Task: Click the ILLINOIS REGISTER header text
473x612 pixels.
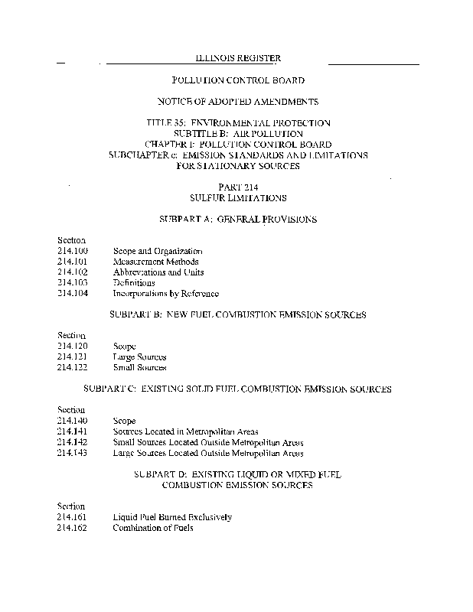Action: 237,58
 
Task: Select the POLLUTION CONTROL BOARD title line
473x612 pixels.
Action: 237,80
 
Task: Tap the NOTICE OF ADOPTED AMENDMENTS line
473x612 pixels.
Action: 237,101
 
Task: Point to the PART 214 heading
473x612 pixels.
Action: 237,187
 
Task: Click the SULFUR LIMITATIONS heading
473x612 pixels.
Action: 237,198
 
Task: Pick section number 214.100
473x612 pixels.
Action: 73,251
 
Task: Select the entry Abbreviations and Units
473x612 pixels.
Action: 158,272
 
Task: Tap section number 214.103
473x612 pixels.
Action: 73,283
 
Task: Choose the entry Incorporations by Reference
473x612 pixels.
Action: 165,294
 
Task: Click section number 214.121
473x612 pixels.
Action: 73,357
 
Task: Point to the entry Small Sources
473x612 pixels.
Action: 139,368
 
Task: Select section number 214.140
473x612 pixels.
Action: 73,421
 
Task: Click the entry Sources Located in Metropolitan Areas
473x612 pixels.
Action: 186,431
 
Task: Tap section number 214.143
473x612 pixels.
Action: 73,453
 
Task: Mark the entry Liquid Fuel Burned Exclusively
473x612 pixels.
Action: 172,517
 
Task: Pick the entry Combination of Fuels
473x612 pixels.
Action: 153,528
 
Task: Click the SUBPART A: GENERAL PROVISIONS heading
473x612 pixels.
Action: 237,220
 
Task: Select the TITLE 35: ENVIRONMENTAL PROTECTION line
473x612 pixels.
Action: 237,122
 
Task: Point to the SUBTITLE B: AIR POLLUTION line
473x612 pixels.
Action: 237,133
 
